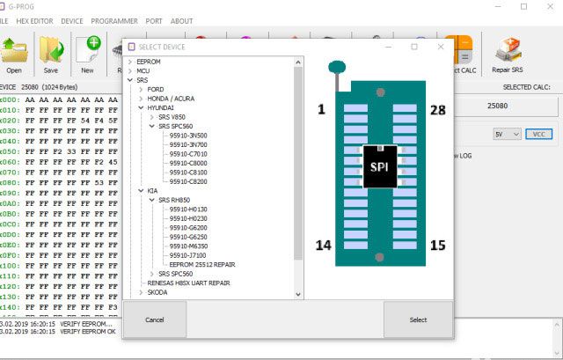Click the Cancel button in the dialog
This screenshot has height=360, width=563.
point(155,320)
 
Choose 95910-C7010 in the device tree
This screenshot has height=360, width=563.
point(188,153)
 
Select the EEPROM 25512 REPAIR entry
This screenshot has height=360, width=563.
point(202,264)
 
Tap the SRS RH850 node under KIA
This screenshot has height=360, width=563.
point(176,200)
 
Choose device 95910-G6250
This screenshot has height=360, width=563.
point(188,237)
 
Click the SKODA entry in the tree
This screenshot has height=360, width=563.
point(157,291)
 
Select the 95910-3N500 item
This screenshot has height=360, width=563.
point(188,135)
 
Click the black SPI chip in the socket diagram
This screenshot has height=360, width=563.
point(379,166)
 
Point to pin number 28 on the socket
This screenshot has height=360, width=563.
point(438,109)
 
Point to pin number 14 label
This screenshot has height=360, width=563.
point(323,245)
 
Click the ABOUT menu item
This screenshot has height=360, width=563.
point(181,21)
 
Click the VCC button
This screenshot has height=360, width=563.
point(537,134)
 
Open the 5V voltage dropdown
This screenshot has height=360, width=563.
point(506,134)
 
